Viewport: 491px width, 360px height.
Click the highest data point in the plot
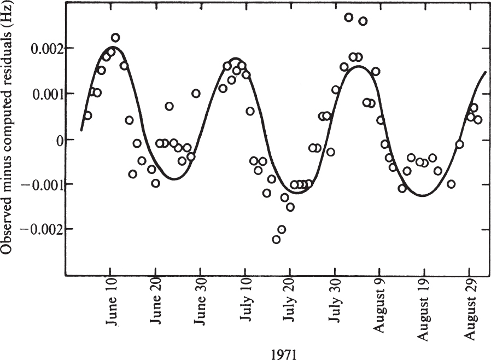[x=348, y=17]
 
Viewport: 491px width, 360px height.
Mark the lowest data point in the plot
[x=276, y=239]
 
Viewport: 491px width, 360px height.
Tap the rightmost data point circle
[x=477, y=119]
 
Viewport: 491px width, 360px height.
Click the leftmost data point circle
[x=87, y=115]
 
